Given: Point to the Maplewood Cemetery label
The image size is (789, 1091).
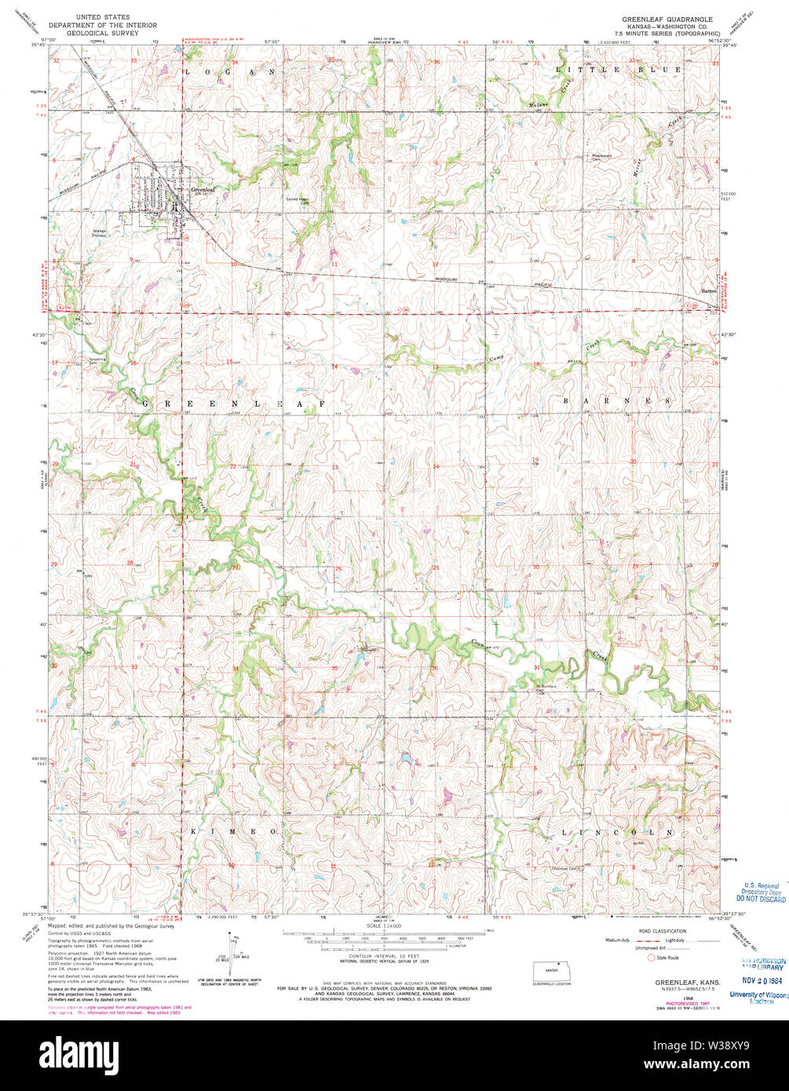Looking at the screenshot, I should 601,156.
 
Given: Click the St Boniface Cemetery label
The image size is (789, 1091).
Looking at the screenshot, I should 546,687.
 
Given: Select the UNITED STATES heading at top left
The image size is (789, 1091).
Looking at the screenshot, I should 104,16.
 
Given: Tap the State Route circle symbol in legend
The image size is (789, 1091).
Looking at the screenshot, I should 651,957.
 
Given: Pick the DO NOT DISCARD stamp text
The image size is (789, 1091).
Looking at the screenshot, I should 760,899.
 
